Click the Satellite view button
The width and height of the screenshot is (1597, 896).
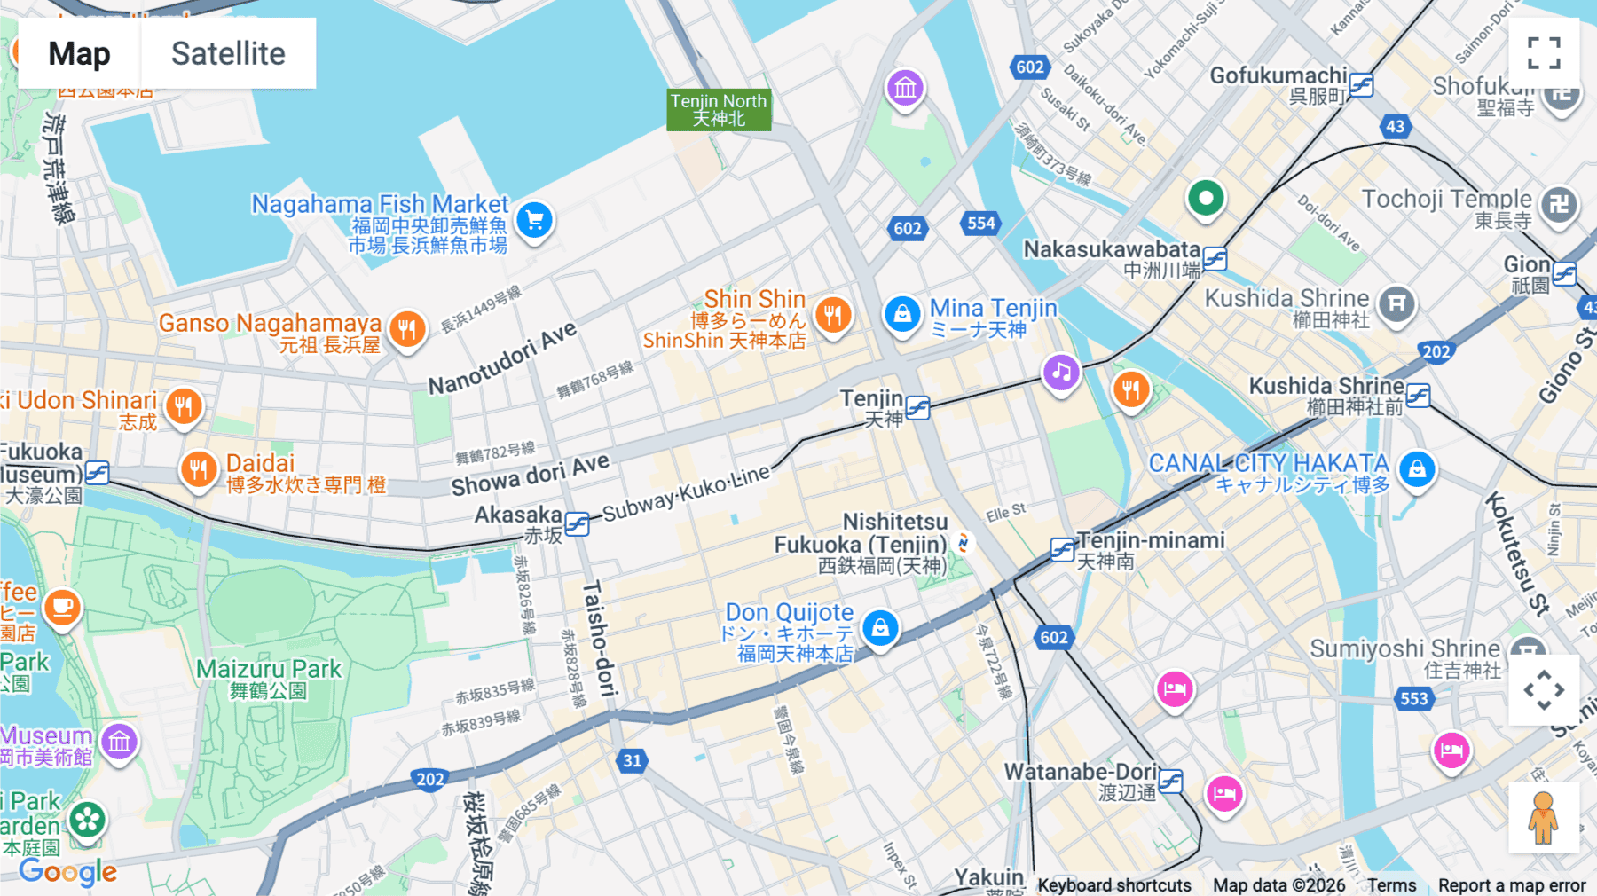pyautogui.click(x=228, y=53)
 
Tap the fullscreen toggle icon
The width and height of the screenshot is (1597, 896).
pyautogui.click(x=1544, y=53)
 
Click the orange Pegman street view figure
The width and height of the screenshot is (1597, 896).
pyautogui.click(x=1544, y=817)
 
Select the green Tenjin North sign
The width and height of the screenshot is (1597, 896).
pyautogui.click(x=719, y=110)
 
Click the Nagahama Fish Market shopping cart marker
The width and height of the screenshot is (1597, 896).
pyautogui.click(x=534, y=220)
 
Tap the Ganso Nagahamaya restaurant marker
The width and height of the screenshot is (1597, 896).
pyautogui.click(x=407, y=330)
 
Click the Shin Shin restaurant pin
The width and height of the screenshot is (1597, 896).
pyautogui.click(x=832, y=314)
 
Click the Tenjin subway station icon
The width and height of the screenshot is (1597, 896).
pyautogui.click(x=918, y=408)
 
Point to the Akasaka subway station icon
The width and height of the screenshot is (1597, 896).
pyautogui.click(x=577, y=524)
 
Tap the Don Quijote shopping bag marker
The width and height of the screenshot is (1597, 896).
pyautogui.click(x=880, y=628)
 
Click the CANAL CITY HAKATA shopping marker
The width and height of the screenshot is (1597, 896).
pyautogui.click(x=1417, y=468)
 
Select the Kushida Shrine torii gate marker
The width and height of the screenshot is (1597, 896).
pyautogui.click(x=1396, y=303)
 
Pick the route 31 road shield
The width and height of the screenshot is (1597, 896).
pyautogui.click(x=632, y=760)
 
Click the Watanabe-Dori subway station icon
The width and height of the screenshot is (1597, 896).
pyautogui.click(x=1170, y=781)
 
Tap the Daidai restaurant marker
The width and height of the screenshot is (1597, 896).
pyautogui.click(x=199, y=469)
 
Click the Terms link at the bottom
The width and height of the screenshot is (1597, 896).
pyautogui.click(x=1391, y=884)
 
